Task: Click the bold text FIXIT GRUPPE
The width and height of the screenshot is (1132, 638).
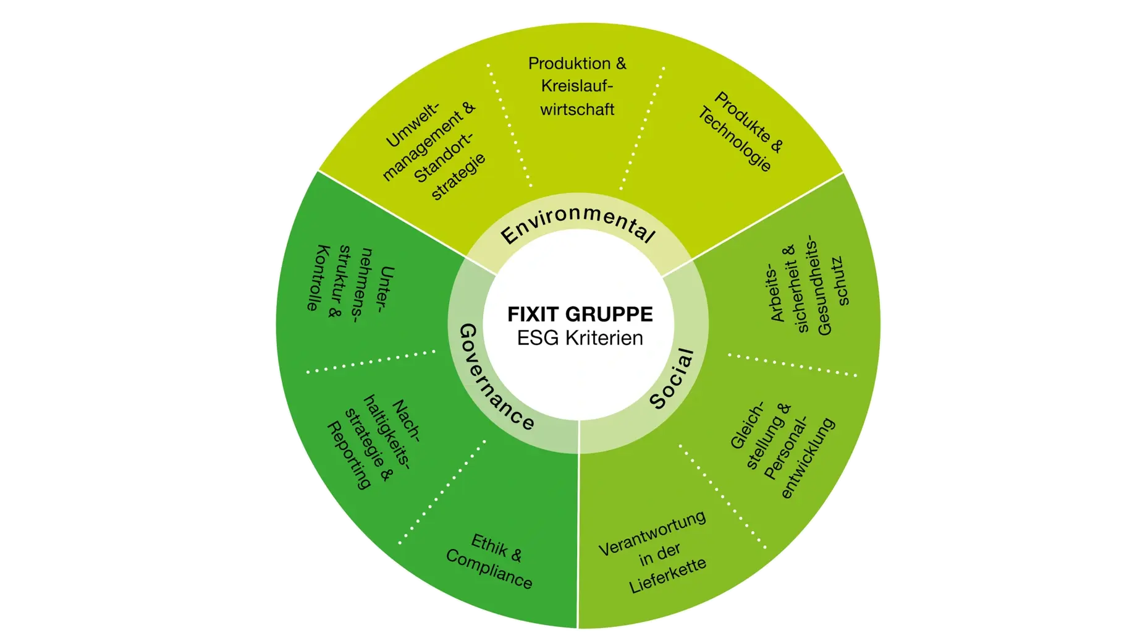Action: tap(580, 314)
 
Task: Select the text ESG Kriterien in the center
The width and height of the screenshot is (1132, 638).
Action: tap(580, 338)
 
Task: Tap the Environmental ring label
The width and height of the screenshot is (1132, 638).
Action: tap(578, 225)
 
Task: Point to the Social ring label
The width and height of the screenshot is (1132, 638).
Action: tap(672, 378)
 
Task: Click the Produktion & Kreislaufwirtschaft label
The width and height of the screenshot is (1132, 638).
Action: tap(577, 87)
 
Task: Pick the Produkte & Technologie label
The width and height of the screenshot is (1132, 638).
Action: tap(740, 131)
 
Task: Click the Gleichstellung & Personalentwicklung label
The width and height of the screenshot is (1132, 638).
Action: tap(782, 449)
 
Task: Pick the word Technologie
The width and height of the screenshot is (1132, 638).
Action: tap(735, 140)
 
